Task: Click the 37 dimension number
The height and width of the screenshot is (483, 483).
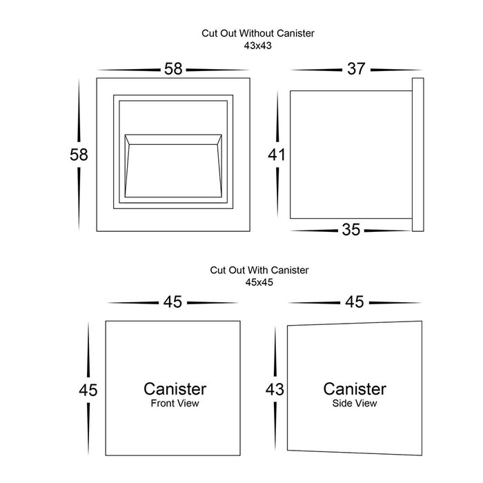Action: [356, 69]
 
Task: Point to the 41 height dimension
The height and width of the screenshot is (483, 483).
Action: [277, 155]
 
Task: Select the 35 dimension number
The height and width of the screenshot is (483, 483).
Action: [351, 230]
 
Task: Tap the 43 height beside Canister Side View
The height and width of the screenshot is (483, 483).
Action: [275, 389]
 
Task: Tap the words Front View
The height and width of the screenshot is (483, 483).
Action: [175, 404]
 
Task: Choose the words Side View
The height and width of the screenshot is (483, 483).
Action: [355, 404]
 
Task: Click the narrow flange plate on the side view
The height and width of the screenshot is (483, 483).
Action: [417, 155]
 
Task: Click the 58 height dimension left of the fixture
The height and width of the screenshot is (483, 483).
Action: [79, 155]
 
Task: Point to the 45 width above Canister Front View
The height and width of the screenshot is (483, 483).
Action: [172, 302]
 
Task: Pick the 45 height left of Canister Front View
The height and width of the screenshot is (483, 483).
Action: [88, 390]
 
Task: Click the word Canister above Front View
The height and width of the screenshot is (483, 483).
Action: [175, 388]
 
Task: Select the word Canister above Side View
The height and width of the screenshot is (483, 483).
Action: [355, 388]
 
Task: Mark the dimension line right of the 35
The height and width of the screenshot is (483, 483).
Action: [388, 230]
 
